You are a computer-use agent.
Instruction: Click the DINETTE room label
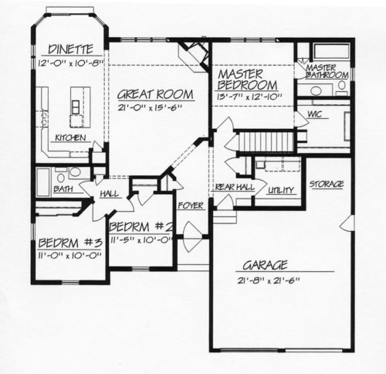tap(70, 49)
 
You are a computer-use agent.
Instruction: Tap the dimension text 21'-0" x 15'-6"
tap(150, 107)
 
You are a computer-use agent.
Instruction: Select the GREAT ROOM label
tap(155, 94)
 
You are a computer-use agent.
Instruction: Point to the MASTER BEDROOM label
tap(247, 80)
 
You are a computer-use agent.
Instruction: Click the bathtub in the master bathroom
tap(331, 52)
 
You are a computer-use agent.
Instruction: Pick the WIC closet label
tap(314, 114)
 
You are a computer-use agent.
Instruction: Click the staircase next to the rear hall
tap(266, 141)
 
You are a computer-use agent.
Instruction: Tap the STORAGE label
tap(327, 184)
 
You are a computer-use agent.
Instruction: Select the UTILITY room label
tap(281, 190)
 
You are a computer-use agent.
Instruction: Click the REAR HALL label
tap(235, 187)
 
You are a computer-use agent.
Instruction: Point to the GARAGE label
tap(265, 265)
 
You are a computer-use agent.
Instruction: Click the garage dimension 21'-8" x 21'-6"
tap(269, 280)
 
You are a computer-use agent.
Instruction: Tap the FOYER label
tap(191, 206)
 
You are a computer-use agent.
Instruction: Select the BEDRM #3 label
tap(70, 243)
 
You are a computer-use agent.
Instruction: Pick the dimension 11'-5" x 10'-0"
tap(141, 240)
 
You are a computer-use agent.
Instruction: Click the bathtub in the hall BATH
tap(43, 182)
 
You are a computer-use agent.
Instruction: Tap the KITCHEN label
tap(70, 138)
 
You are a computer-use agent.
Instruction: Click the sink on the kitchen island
tap(76, 107)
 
